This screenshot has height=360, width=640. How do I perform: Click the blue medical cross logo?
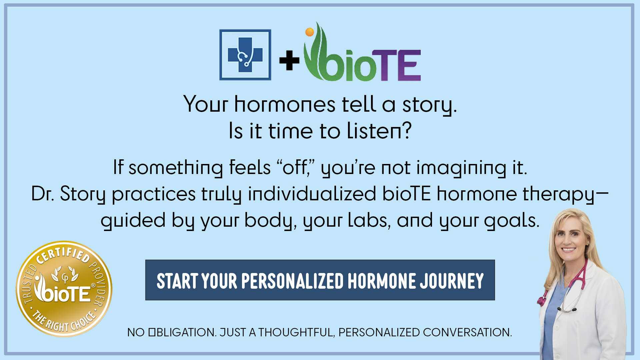[245, 55]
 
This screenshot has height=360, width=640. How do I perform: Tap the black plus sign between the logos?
[289, 60]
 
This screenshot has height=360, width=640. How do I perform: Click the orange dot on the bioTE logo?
[310, 32]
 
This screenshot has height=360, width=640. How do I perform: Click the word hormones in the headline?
[285, 104]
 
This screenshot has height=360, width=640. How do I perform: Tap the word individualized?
[312, 194]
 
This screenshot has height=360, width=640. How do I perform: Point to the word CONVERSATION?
[467, 332]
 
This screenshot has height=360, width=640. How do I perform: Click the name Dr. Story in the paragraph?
[68, 194]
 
